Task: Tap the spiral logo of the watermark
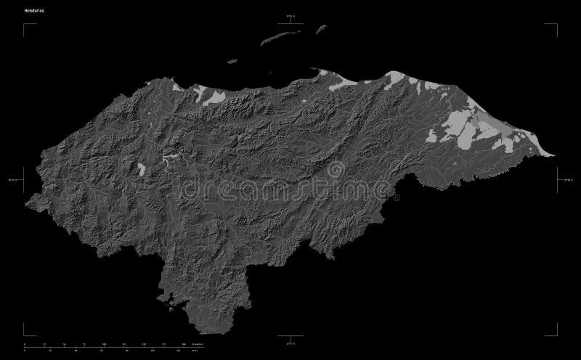coord(336,170)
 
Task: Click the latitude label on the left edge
coord(13,174)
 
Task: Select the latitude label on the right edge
coord(569,174)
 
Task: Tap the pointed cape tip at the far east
coord(555,154)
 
